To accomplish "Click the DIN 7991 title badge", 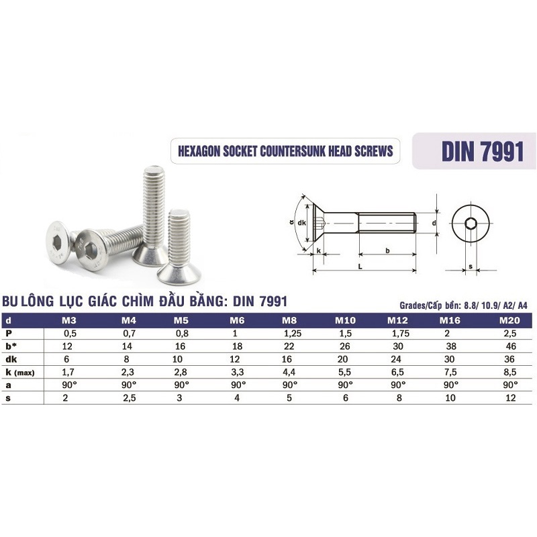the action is point(474,151).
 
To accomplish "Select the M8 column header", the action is point(289,321).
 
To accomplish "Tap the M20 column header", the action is point(509,321).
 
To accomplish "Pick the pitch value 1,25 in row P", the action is point(293,334).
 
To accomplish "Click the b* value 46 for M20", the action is point(511,346).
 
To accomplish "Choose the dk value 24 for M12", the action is point(396,359).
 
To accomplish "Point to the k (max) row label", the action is point(20,373).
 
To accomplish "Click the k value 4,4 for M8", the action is point(289,373).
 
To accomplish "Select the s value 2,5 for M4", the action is point(130,398).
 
